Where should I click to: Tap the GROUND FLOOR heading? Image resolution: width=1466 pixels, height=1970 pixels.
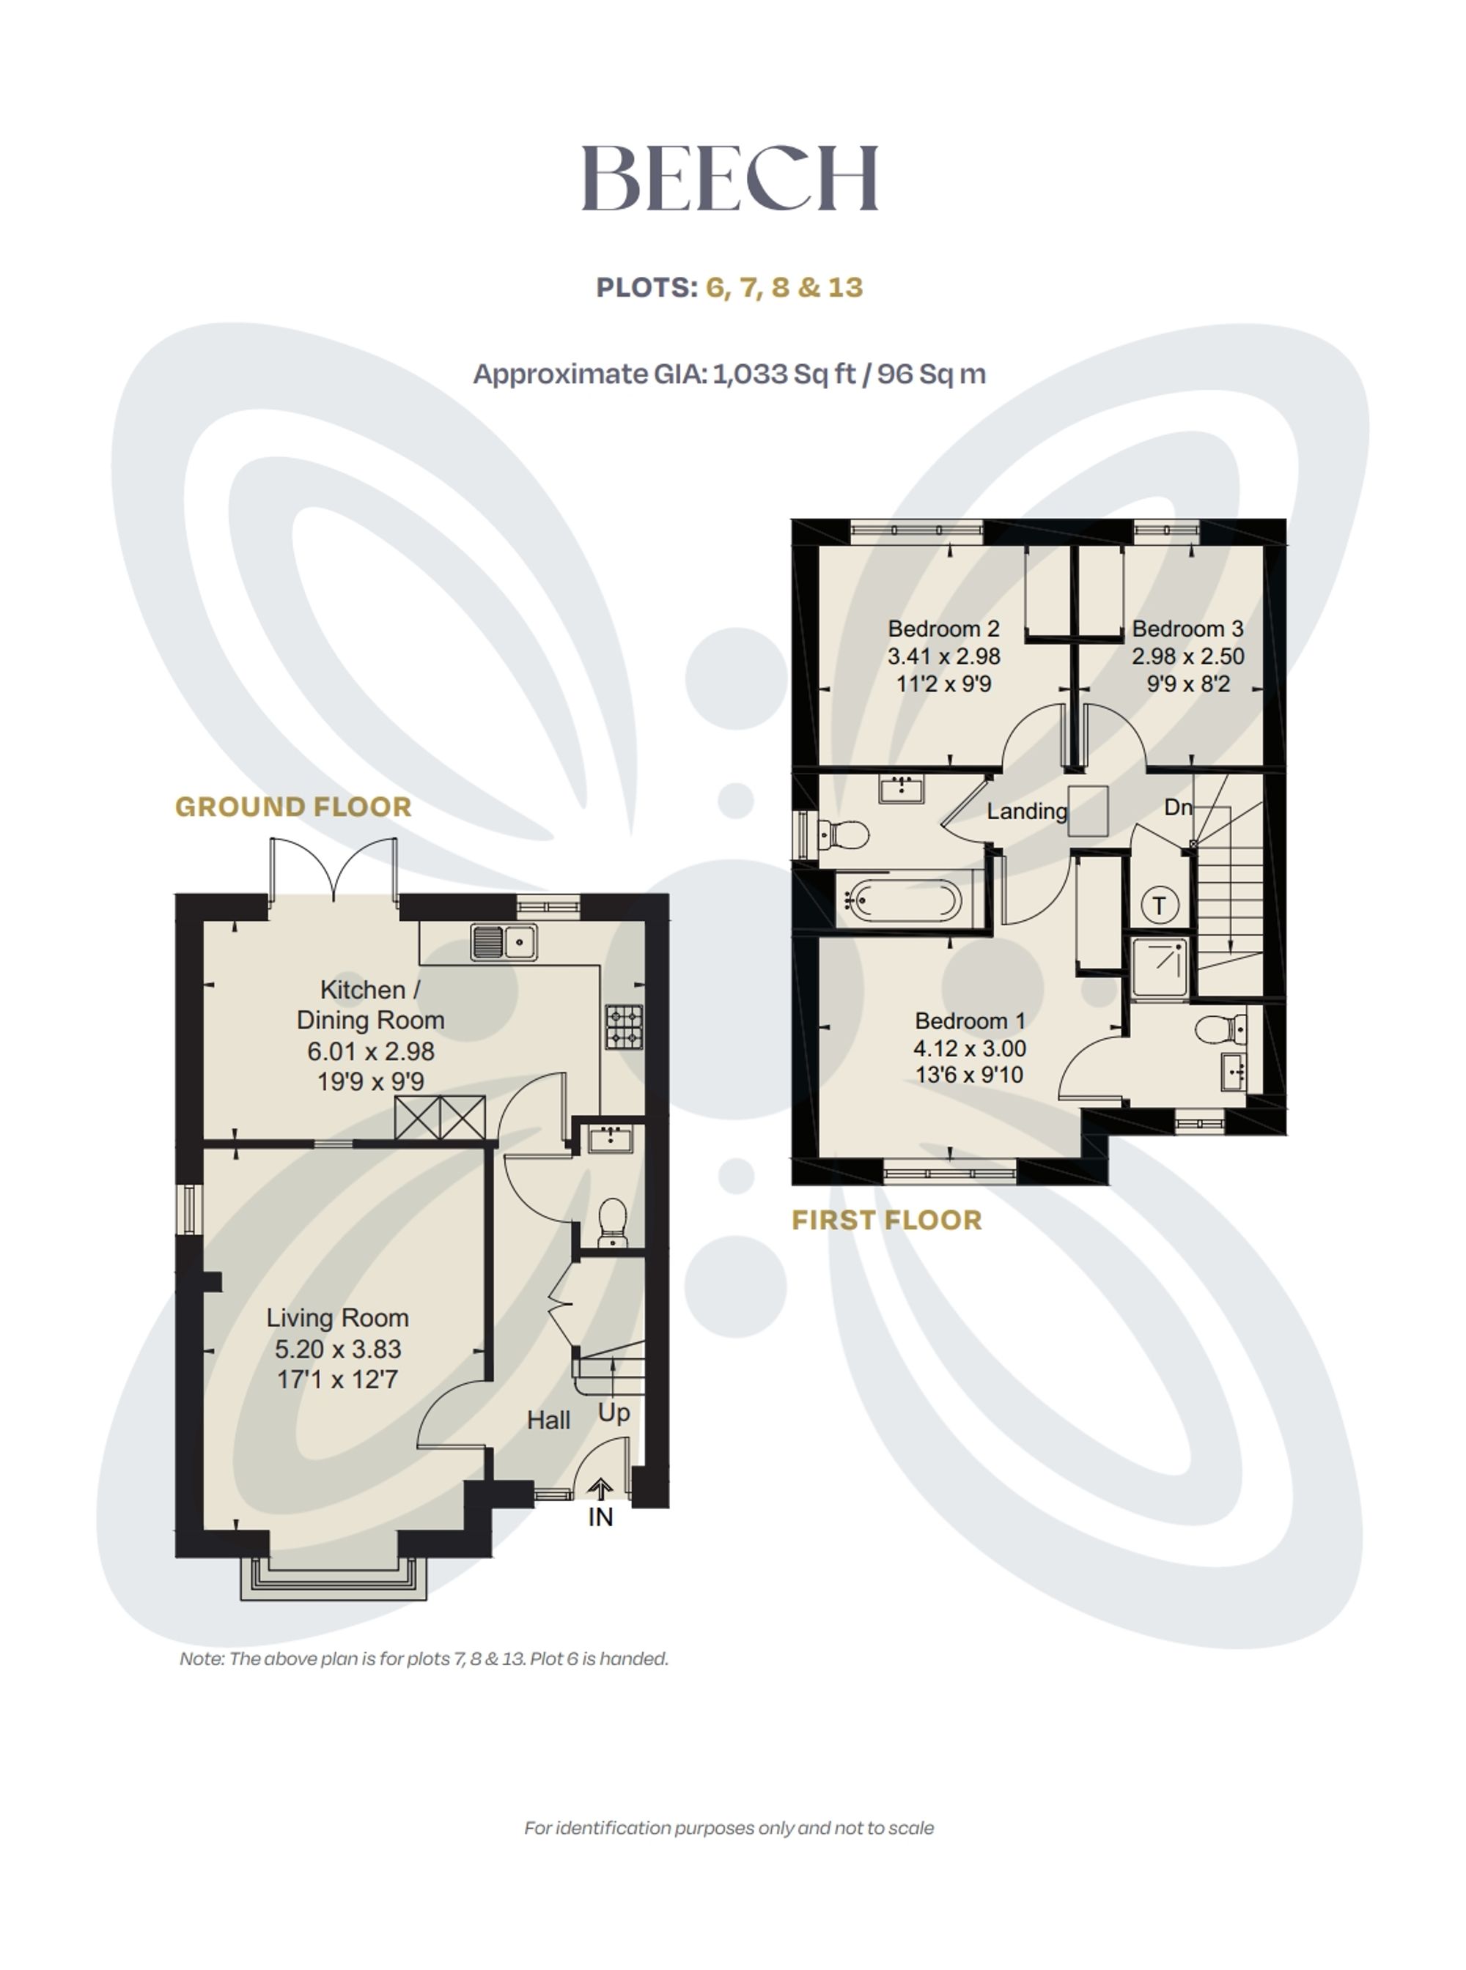click(x=293, y=807)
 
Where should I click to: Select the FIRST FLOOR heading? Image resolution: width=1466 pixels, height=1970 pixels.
click(x=885, y=1220)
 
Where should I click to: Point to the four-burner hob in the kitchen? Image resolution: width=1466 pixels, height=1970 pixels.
click(x=624, y=1027)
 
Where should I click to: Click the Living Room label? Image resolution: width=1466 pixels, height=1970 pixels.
click(x=337, y=1318)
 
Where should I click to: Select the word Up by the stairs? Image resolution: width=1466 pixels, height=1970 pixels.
click(x=614, y=1411)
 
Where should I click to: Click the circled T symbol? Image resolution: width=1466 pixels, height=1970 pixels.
click(x=1159, y=906)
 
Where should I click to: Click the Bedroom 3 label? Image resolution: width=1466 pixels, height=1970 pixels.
click(x=1187, y=629)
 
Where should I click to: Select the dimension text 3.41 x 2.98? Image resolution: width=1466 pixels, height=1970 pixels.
click(x=943, y=656)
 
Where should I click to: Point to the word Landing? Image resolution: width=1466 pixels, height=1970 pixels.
click(x=1026, y=811)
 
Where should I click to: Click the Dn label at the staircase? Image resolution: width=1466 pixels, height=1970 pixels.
click(x=1178, y=807)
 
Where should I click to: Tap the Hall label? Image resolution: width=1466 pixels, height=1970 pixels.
click(x=548, y=1420)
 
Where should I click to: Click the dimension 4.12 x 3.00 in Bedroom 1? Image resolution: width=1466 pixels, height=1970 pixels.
click(x=969, y=1048)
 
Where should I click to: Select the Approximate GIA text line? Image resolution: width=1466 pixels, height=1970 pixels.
click(x=729, y=374)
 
